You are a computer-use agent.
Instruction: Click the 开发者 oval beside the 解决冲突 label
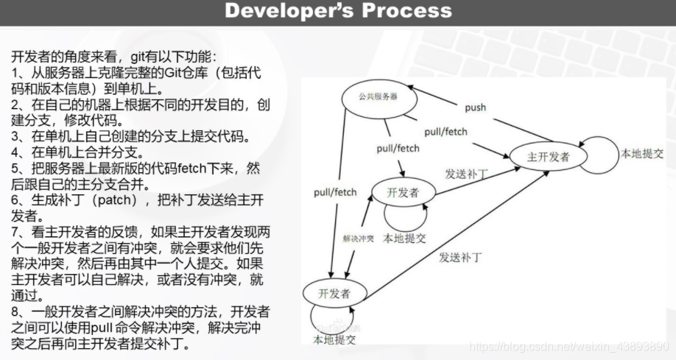[403, 193]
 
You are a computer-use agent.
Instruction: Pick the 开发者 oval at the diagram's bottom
[334, 293]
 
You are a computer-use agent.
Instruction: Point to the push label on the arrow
[475, 107]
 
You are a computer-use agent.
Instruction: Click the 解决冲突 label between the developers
[359, 239]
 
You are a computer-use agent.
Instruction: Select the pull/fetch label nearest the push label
[446, 132]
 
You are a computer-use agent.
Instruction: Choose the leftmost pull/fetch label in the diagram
[335, 193]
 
